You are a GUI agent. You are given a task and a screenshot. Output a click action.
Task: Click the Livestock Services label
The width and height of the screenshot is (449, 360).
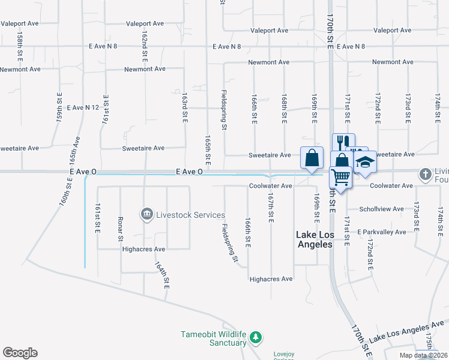tap(190, 215)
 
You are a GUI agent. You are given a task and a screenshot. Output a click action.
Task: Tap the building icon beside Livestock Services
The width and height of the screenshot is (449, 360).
tap(146, 214)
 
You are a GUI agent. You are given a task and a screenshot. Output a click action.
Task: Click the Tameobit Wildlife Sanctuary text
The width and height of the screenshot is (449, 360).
tap(214, 338)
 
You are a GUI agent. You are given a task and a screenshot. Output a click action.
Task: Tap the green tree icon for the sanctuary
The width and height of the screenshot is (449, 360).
tap(256, 338)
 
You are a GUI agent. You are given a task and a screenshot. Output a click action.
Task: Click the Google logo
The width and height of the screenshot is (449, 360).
tap(20, 353)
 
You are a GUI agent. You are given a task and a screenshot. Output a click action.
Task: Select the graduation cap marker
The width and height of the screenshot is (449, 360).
tap(364, 161)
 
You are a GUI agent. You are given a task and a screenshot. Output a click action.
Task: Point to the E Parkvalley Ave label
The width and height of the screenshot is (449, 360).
tap(381, 232)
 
